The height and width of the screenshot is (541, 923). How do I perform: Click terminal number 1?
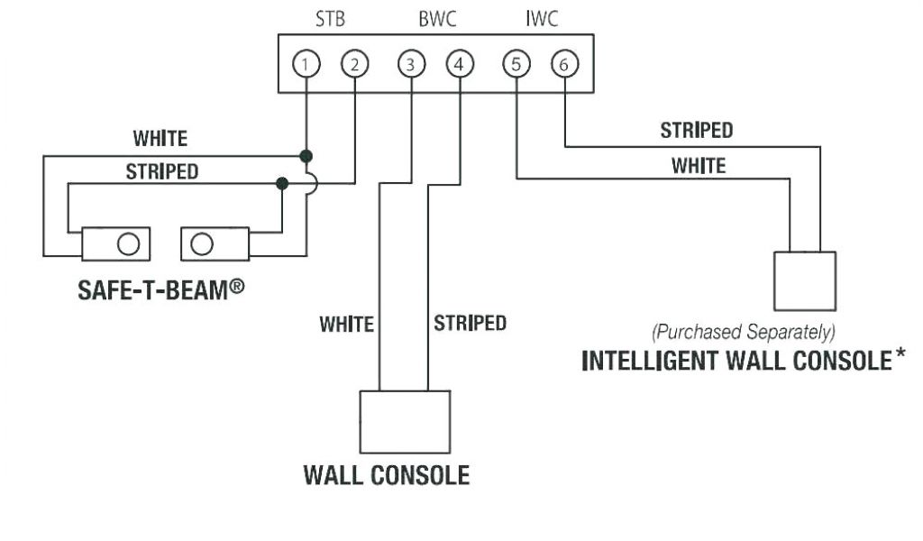point(306,64)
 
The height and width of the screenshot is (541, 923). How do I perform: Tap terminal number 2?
point(354,64)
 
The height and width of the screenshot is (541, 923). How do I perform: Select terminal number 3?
point(411,64)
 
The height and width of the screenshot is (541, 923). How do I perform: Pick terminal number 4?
point(459,64)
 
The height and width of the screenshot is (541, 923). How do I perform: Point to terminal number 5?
point(516,64)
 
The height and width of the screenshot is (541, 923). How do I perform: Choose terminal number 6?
point(564,64)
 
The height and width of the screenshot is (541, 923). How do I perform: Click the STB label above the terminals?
point(330,19)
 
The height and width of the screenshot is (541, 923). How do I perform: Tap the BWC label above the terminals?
point(435,19)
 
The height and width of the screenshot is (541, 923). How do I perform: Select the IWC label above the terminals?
point(541,19)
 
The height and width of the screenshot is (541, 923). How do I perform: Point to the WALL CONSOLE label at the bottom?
point(386,474)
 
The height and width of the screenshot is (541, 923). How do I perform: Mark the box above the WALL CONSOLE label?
point(405,421)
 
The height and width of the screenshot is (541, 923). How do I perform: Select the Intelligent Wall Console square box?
point(805,281)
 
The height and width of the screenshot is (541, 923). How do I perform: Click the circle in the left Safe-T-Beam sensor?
point(129,243)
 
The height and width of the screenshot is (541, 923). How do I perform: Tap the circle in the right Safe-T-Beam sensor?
point(202,243)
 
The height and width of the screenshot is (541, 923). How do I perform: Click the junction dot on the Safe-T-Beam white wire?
point(306,155)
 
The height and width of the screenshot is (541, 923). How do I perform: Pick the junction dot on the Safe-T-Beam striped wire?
point(282,183)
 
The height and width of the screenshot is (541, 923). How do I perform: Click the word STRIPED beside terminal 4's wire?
point(470,323)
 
